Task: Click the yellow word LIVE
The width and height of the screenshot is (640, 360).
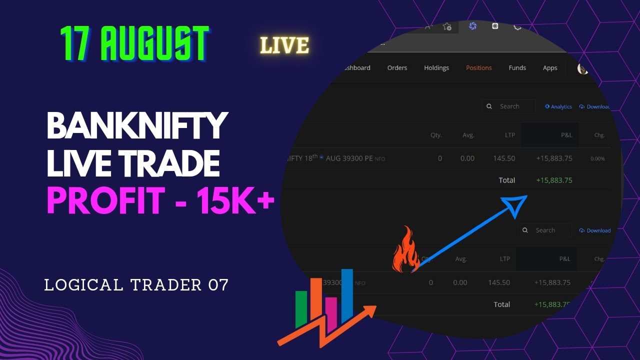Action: (284, 45)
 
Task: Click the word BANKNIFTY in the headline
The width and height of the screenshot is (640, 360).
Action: (137, 126)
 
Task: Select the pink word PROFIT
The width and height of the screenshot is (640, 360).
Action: (106, 200)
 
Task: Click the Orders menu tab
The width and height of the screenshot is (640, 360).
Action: (397, 68)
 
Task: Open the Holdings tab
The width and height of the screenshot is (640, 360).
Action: (436, 68)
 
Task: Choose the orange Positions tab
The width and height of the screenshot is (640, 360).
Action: (478, 68)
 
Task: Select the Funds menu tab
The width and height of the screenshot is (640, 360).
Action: (517, 68)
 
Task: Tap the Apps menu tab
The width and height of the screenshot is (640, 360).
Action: (550, 68)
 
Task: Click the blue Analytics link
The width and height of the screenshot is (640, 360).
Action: (558, 106)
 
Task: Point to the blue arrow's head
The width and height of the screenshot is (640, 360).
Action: (515, 205)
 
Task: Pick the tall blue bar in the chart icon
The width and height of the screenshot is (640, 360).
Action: (347, 295)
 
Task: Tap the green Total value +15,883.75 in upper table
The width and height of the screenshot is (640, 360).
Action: (554, 180)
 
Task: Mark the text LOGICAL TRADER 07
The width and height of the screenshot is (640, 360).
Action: (136, 285)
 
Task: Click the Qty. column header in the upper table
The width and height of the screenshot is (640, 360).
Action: (436, 135)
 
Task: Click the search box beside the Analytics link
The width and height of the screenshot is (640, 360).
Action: (509, 106)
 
